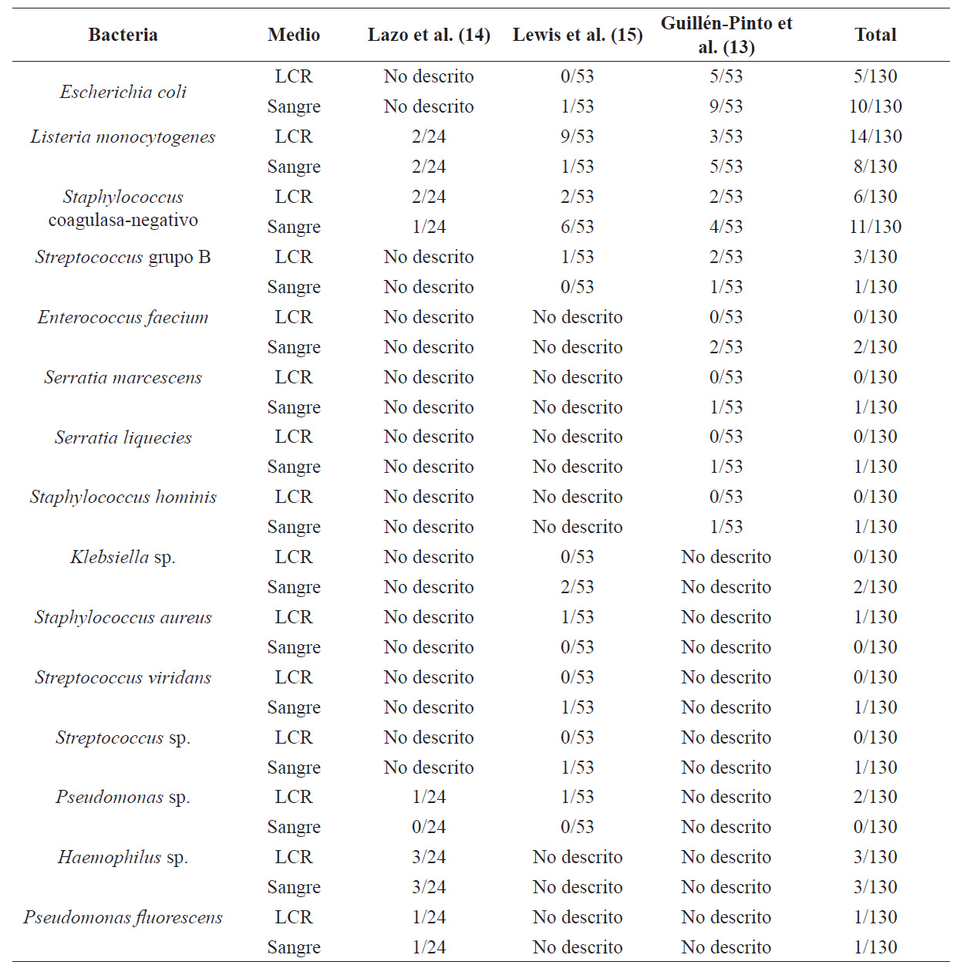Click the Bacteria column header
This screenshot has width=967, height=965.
123,35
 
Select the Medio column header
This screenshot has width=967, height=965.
294,35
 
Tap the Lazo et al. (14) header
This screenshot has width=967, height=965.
429,35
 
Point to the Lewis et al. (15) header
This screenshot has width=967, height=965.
577,35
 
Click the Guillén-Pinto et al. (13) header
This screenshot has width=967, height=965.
726,35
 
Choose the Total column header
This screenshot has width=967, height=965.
875,35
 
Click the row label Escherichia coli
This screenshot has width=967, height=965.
123,91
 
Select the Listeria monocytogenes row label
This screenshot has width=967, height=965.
123,137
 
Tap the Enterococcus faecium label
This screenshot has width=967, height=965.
123,317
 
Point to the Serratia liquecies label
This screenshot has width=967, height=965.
123,437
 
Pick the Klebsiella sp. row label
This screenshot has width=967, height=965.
123,557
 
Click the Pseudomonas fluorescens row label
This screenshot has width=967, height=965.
123,917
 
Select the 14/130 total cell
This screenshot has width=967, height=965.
875,137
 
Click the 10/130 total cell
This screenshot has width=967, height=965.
875,106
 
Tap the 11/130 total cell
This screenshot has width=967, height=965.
875,227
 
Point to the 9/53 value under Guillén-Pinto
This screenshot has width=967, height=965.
726,106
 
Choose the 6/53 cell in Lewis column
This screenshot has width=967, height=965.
577,227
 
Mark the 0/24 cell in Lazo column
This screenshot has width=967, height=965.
429,827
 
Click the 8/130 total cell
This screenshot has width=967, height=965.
875,167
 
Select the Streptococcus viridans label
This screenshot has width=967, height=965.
123,677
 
